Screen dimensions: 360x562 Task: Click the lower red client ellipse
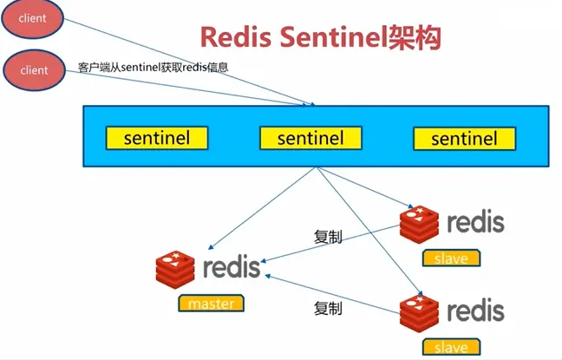33,69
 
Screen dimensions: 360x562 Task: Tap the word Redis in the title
232,37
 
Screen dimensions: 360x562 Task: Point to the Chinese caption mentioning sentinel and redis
153,67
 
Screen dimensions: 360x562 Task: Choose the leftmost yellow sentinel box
157,137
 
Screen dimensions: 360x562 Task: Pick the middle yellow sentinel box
310,137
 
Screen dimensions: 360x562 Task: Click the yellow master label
211,304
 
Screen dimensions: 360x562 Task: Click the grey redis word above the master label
231,266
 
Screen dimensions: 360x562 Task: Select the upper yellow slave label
451,258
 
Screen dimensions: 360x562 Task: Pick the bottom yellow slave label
451,347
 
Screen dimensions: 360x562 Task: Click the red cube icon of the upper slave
420,222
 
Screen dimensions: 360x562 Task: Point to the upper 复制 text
327,235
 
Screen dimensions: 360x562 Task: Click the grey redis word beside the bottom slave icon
475,311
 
